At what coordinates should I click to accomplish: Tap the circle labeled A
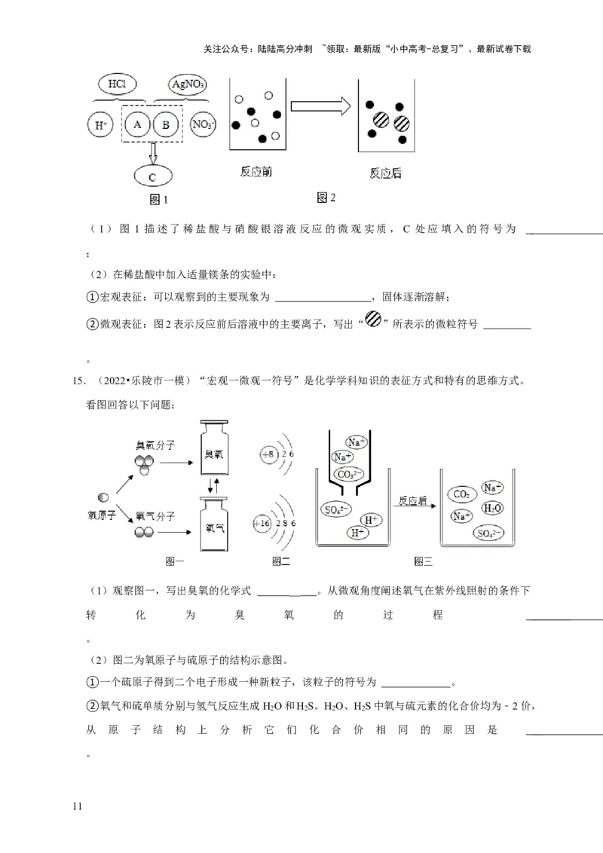click(137, 124)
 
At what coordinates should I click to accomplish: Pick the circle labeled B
click(165, 124)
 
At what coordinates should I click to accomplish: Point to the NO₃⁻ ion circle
click(203, 124)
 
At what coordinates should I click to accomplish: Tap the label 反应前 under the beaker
click(256, 173)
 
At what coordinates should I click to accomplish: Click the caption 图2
click(326, 198)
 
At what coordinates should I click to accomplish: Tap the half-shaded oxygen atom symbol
click(103, 497)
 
